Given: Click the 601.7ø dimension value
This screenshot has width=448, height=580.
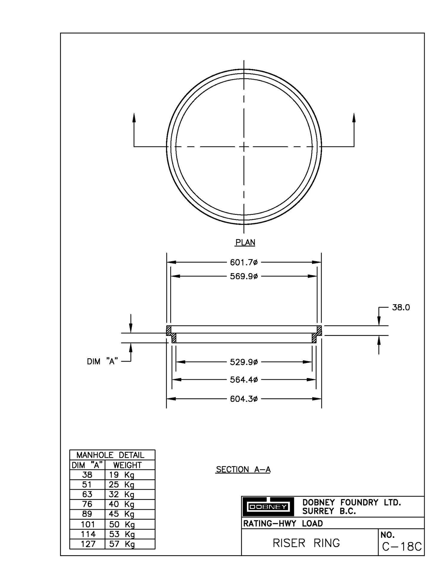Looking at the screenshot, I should point(243,262).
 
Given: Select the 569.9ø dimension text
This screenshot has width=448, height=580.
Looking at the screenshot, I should point(243,276).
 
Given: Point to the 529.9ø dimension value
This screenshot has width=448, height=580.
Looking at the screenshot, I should point(243,362).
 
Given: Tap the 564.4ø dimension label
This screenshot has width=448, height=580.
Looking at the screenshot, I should point(243,380).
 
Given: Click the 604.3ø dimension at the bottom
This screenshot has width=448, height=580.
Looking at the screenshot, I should point(243,399).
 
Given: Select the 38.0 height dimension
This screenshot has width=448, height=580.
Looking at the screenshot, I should point(401,307).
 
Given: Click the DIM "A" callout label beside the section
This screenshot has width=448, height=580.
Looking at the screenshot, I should point(102,362).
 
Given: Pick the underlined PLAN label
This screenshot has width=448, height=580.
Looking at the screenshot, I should point(245,242).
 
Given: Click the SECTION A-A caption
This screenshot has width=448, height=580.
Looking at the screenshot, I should point(243,469).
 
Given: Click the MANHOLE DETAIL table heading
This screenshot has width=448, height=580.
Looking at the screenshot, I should point(110,455).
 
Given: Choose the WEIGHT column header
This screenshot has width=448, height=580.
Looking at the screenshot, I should point(127,465).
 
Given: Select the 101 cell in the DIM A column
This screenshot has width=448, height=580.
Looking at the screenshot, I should point(88,524).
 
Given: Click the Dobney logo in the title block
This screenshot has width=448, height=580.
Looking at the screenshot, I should point(268,507).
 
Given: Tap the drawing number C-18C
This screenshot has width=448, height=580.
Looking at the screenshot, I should point(401,546).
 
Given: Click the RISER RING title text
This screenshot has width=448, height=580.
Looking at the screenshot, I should point(306,543).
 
